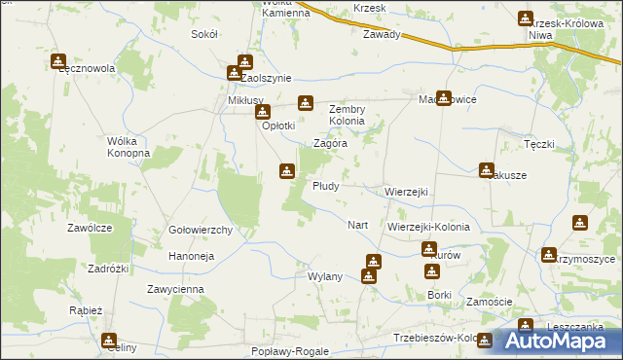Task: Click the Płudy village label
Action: coord(325,186)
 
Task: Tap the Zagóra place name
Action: coord(331,143)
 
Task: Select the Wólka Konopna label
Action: coord(128,148)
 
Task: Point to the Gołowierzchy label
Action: coord(200,231)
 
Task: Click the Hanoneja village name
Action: coord(192,256)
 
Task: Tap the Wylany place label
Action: coord(325,276)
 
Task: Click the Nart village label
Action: coord(357,225)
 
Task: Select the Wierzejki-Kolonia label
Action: coord(428,227)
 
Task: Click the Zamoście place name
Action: coord(490,302)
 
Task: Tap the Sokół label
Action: coord(204,34)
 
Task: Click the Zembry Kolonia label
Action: coord(347,115)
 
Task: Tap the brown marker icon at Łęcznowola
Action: coord(57,61)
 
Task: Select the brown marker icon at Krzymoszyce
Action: coord(550,256)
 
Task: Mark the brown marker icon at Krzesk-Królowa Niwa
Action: coord(527,18)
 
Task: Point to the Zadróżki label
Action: coord(109,268)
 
